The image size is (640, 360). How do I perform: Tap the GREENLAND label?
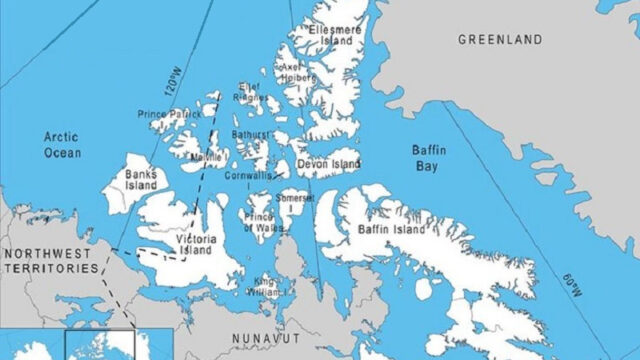500,39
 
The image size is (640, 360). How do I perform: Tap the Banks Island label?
140,180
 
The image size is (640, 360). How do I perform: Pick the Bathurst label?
251,133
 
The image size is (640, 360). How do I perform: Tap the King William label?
267,283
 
